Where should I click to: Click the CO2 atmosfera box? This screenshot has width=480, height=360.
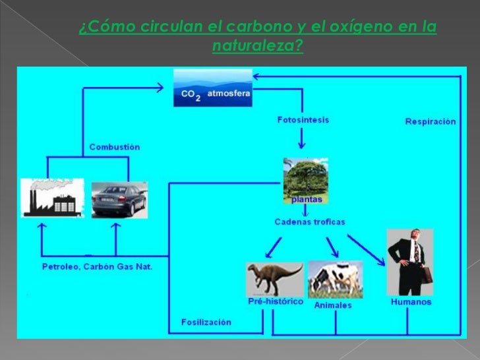[212, 88]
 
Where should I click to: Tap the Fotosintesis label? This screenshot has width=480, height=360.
[303, 120]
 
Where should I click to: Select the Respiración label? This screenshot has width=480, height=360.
[430, 122]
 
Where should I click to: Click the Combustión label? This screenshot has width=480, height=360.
[115, 146]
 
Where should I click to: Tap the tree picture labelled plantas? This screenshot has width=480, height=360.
[305, 179]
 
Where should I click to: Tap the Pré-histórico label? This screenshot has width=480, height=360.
[276, 302]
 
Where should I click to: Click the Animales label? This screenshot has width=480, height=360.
[332, 306]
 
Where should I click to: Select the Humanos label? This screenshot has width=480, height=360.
[411, 302]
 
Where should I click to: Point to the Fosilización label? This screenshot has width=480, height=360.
[206, 322]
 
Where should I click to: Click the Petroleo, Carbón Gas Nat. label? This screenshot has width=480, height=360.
[97, 267]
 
